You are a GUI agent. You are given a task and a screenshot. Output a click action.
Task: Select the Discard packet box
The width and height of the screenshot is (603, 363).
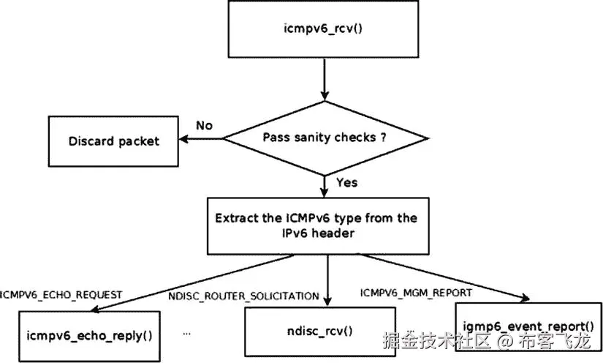tap(113, 141)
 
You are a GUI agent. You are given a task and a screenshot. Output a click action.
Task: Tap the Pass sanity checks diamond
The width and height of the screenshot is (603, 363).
tap(325, 138)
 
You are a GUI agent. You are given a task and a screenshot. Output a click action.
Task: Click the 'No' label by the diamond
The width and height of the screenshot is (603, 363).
tap(204, 125)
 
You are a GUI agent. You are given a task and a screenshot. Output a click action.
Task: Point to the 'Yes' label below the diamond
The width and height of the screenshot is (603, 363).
tap(346, 181)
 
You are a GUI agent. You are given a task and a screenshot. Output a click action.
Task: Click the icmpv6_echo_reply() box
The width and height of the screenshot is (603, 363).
tap(89, 336)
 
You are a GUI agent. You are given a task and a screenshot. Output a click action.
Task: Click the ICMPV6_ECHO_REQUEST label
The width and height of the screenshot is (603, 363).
tap(61, 295)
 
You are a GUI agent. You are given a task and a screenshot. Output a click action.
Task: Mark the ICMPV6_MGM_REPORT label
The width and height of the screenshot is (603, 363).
tap(416, 293)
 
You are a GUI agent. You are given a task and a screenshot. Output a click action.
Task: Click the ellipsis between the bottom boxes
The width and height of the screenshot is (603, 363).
tap(187, 333)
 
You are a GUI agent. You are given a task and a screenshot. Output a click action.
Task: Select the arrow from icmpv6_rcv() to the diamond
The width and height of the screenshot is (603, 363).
tap(325, 81)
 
